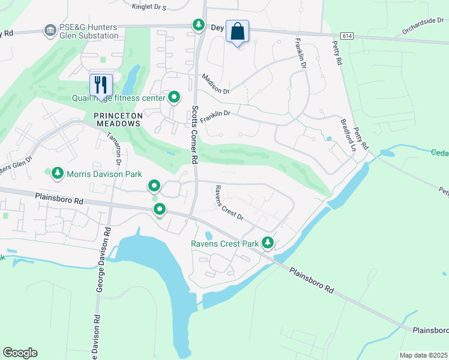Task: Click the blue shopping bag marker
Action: tap(238, 31)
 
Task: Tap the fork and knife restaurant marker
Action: tap(100, 85)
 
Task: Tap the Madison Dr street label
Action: tap(215, 84)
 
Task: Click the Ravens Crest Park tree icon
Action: tap(268, 243)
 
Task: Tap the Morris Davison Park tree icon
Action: tap(57, 173)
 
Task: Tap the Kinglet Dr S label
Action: tap(148, 7)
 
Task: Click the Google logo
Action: tap(20, 353)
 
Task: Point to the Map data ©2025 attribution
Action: tap(423, 355)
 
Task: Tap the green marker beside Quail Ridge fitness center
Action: tap(174, 97)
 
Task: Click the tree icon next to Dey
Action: tap(199, 25)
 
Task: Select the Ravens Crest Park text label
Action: tap(224, 244)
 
